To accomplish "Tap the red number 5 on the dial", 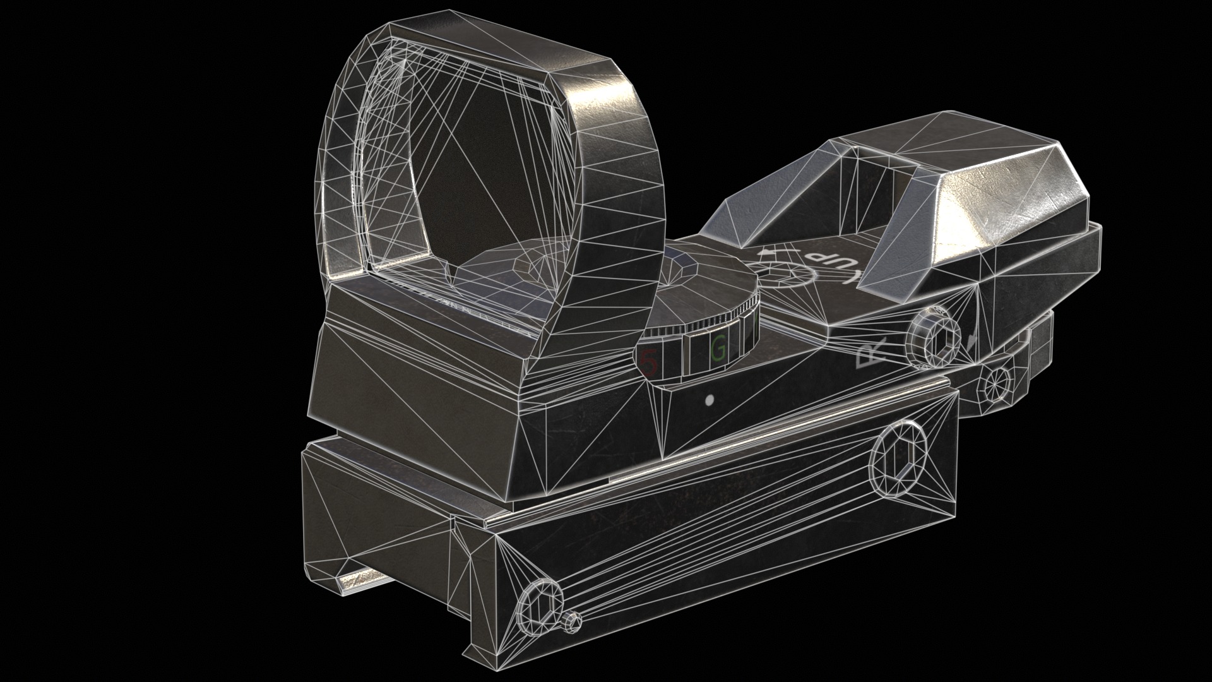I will (x=649, y=362).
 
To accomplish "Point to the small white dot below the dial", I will (x=709, y=400).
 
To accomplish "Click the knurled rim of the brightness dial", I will (x=726, y=322).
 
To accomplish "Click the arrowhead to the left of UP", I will (x=766, y=253).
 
